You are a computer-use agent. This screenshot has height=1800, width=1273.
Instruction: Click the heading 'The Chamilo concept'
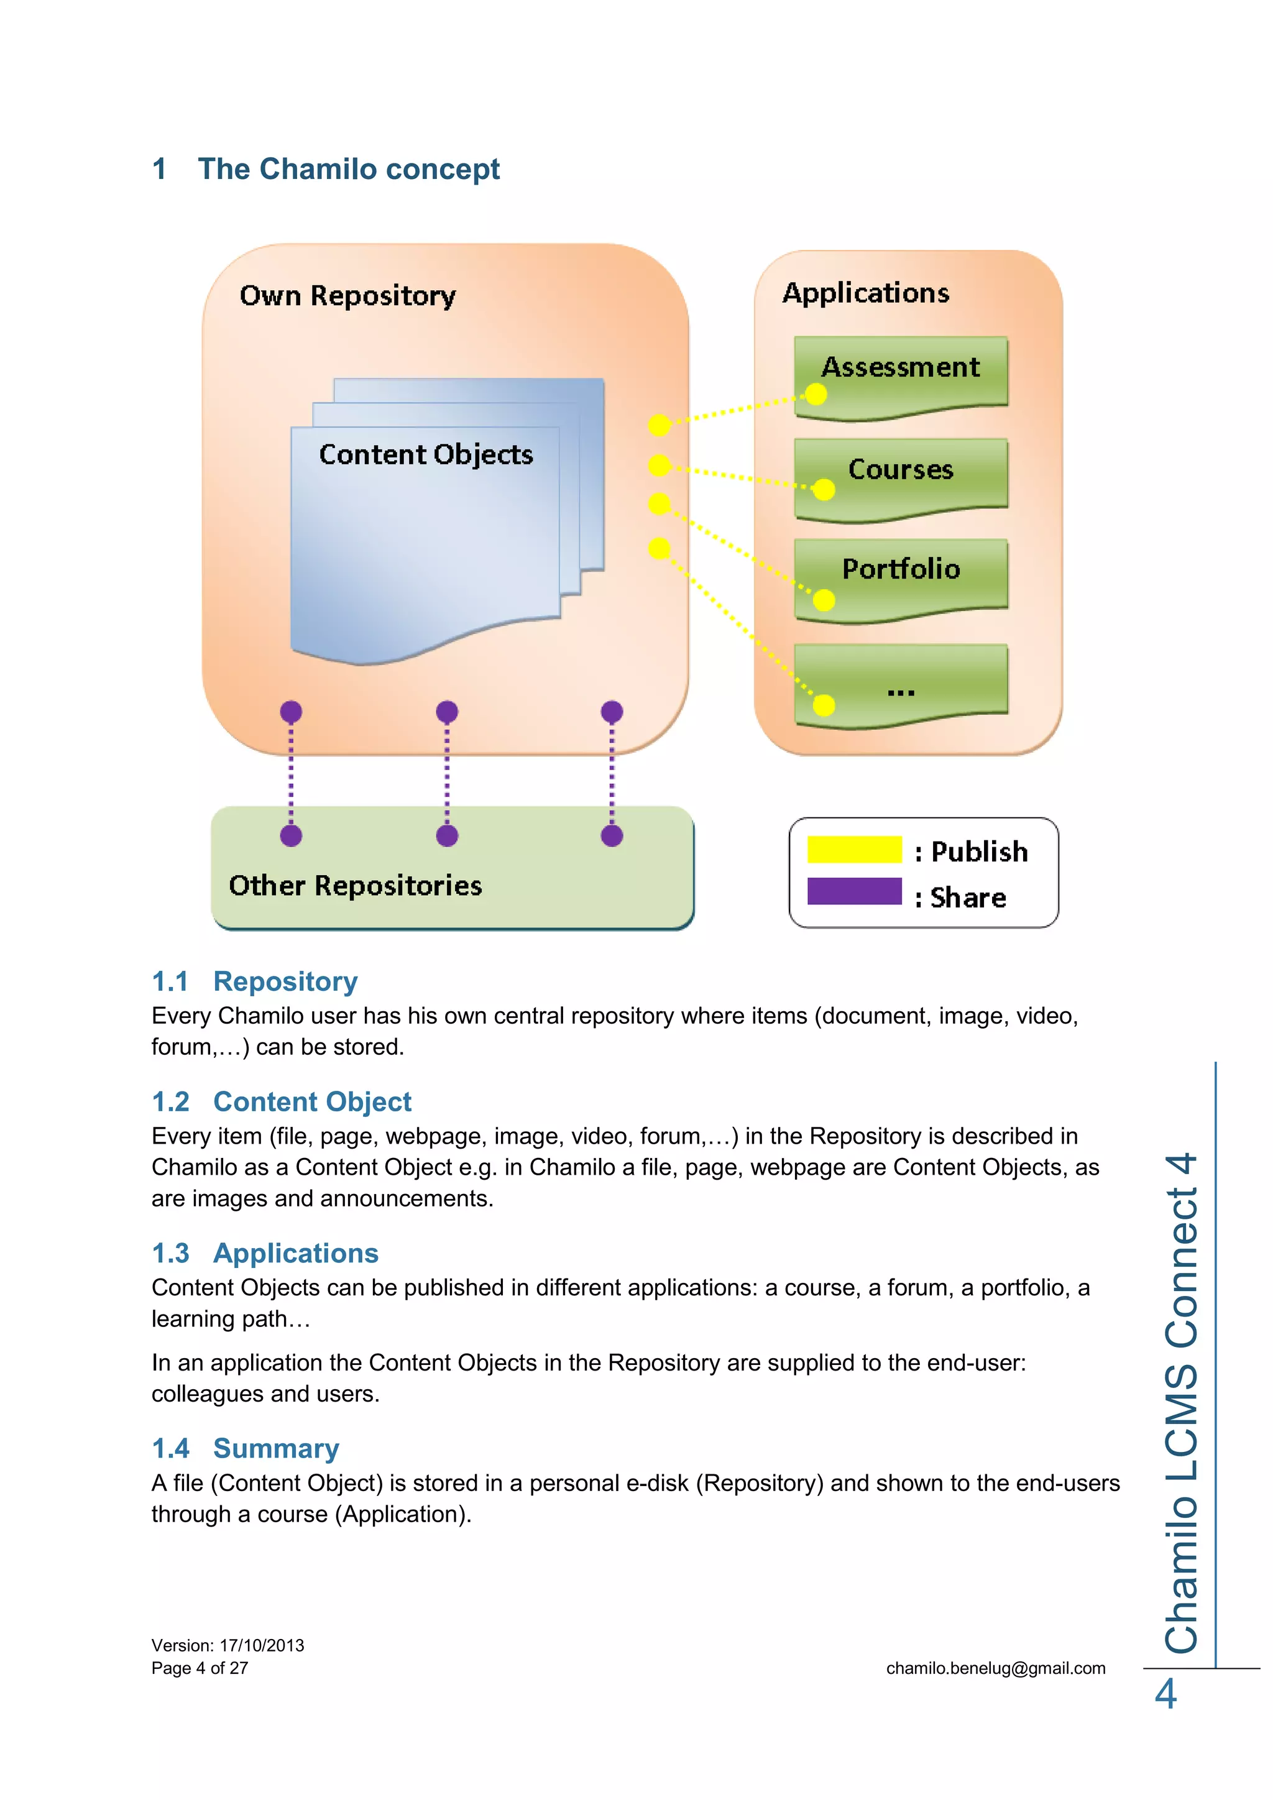348,169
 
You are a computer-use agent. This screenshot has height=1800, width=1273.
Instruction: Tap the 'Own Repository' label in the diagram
347,296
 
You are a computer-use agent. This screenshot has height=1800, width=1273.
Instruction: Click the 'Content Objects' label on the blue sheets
426,455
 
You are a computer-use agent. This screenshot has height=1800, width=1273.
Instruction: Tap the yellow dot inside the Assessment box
816,394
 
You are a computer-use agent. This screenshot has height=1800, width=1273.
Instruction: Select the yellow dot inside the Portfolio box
823,600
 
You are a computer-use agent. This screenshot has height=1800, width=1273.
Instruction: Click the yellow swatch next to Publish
855,850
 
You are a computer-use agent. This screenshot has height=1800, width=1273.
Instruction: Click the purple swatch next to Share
855,891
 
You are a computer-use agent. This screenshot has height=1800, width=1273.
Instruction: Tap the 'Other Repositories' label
355,886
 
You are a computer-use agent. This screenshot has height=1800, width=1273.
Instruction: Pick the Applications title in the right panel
865,293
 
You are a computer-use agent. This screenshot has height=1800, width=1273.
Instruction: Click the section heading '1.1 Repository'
255,981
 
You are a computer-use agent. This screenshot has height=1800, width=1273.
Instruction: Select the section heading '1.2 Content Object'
282,1101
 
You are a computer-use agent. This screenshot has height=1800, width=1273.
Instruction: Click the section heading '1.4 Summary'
246,1448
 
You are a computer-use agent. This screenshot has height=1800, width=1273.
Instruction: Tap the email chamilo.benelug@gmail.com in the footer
996,1668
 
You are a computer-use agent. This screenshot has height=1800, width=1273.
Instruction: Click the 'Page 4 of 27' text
200,1668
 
